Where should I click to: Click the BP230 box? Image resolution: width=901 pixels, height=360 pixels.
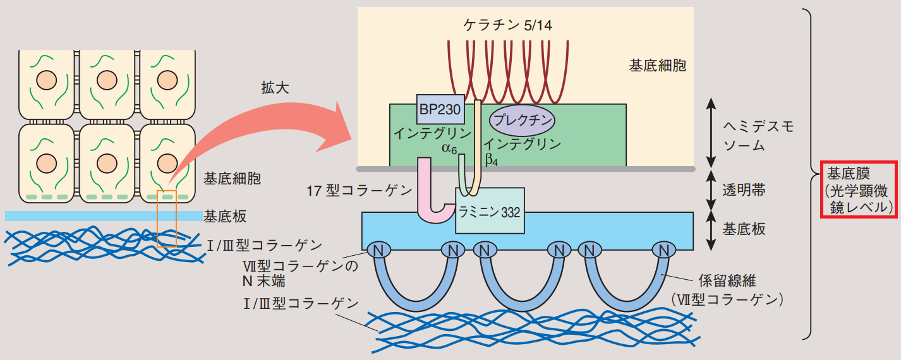point(440,110)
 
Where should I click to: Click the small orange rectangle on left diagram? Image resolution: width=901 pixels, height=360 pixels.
point(167,218)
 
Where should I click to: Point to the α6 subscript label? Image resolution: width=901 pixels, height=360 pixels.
point(450,149)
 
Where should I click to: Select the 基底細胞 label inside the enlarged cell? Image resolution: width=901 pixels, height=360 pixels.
point(657,64)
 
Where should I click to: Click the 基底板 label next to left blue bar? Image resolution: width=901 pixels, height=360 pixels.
point(224,217)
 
